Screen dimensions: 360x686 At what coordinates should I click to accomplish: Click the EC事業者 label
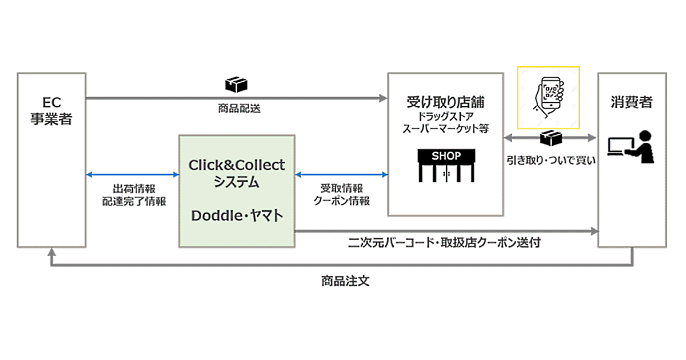pos(51,112)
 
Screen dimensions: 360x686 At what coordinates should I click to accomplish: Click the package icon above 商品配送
pos(236,85)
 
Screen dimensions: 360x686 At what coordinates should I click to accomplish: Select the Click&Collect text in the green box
pos(237,165)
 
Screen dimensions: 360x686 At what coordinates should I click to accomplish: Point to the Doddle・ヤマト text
pos(237,216)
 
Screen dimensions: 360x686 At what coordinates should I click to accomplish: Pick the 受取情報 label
pos(341,189)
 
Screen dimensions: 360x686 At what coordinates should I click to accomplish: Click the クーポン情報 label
pos(341,201)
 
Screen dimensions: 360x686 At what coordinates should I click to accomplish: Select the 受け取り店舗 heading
pos(445,103)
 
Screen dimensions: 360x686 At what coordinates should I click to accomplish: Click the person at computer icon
pos(629,147)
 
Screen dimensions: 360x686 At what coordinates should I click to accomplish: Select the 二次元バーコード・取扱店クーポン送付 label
pos(444,242)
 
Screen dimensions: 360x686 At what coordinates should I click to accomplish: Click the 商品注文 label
pos(342,282)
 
